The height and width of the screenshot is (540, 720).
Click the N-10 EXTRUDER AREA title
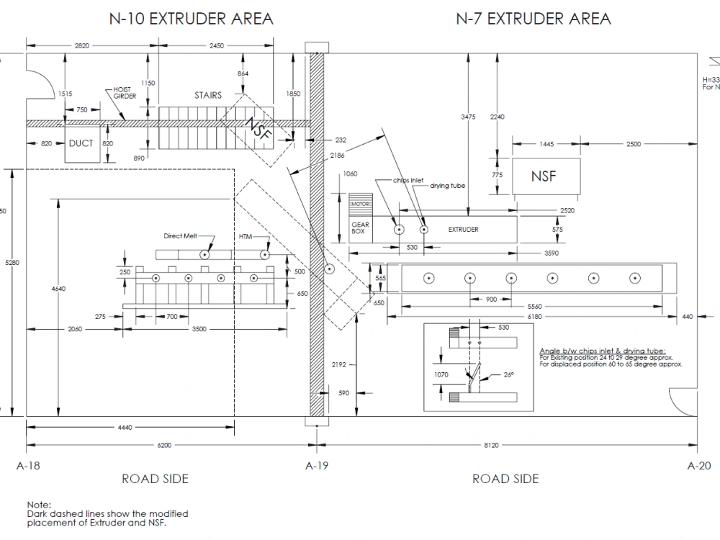point(191,19)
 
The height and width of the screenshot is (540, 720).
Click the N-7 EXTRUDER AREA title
point(534,19)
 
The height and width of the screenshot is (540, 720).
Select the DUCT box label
point(81,143)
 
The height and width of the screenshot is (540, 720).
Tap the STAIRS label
point(208,95)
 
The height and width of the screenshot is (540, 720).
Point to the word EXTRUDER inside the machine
point(463,230)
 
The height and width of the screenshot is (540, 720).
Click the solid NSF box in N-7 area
point(544,176)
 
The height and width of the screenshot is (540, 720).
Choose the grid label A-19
point(317,466)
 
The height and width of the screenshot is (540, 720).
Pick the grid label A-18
point(28,466)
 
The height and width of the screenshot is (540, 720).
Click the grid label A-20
point(698,466)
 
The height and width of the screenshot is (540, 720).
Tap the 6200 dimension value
point(164,446)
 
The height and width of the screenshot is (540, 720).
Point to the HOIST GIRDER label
point(125,93)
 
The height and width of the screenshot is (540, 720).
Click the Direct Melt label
point(179,235)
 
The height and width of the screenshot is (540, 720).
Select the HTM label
point(246,235)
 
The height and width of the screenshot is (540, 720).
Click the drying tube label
point(448,186)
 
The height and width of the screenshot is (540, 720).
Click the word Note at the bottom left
point(39,506)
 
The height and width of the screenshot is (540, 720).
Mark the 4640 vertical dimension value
point(58,289)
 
